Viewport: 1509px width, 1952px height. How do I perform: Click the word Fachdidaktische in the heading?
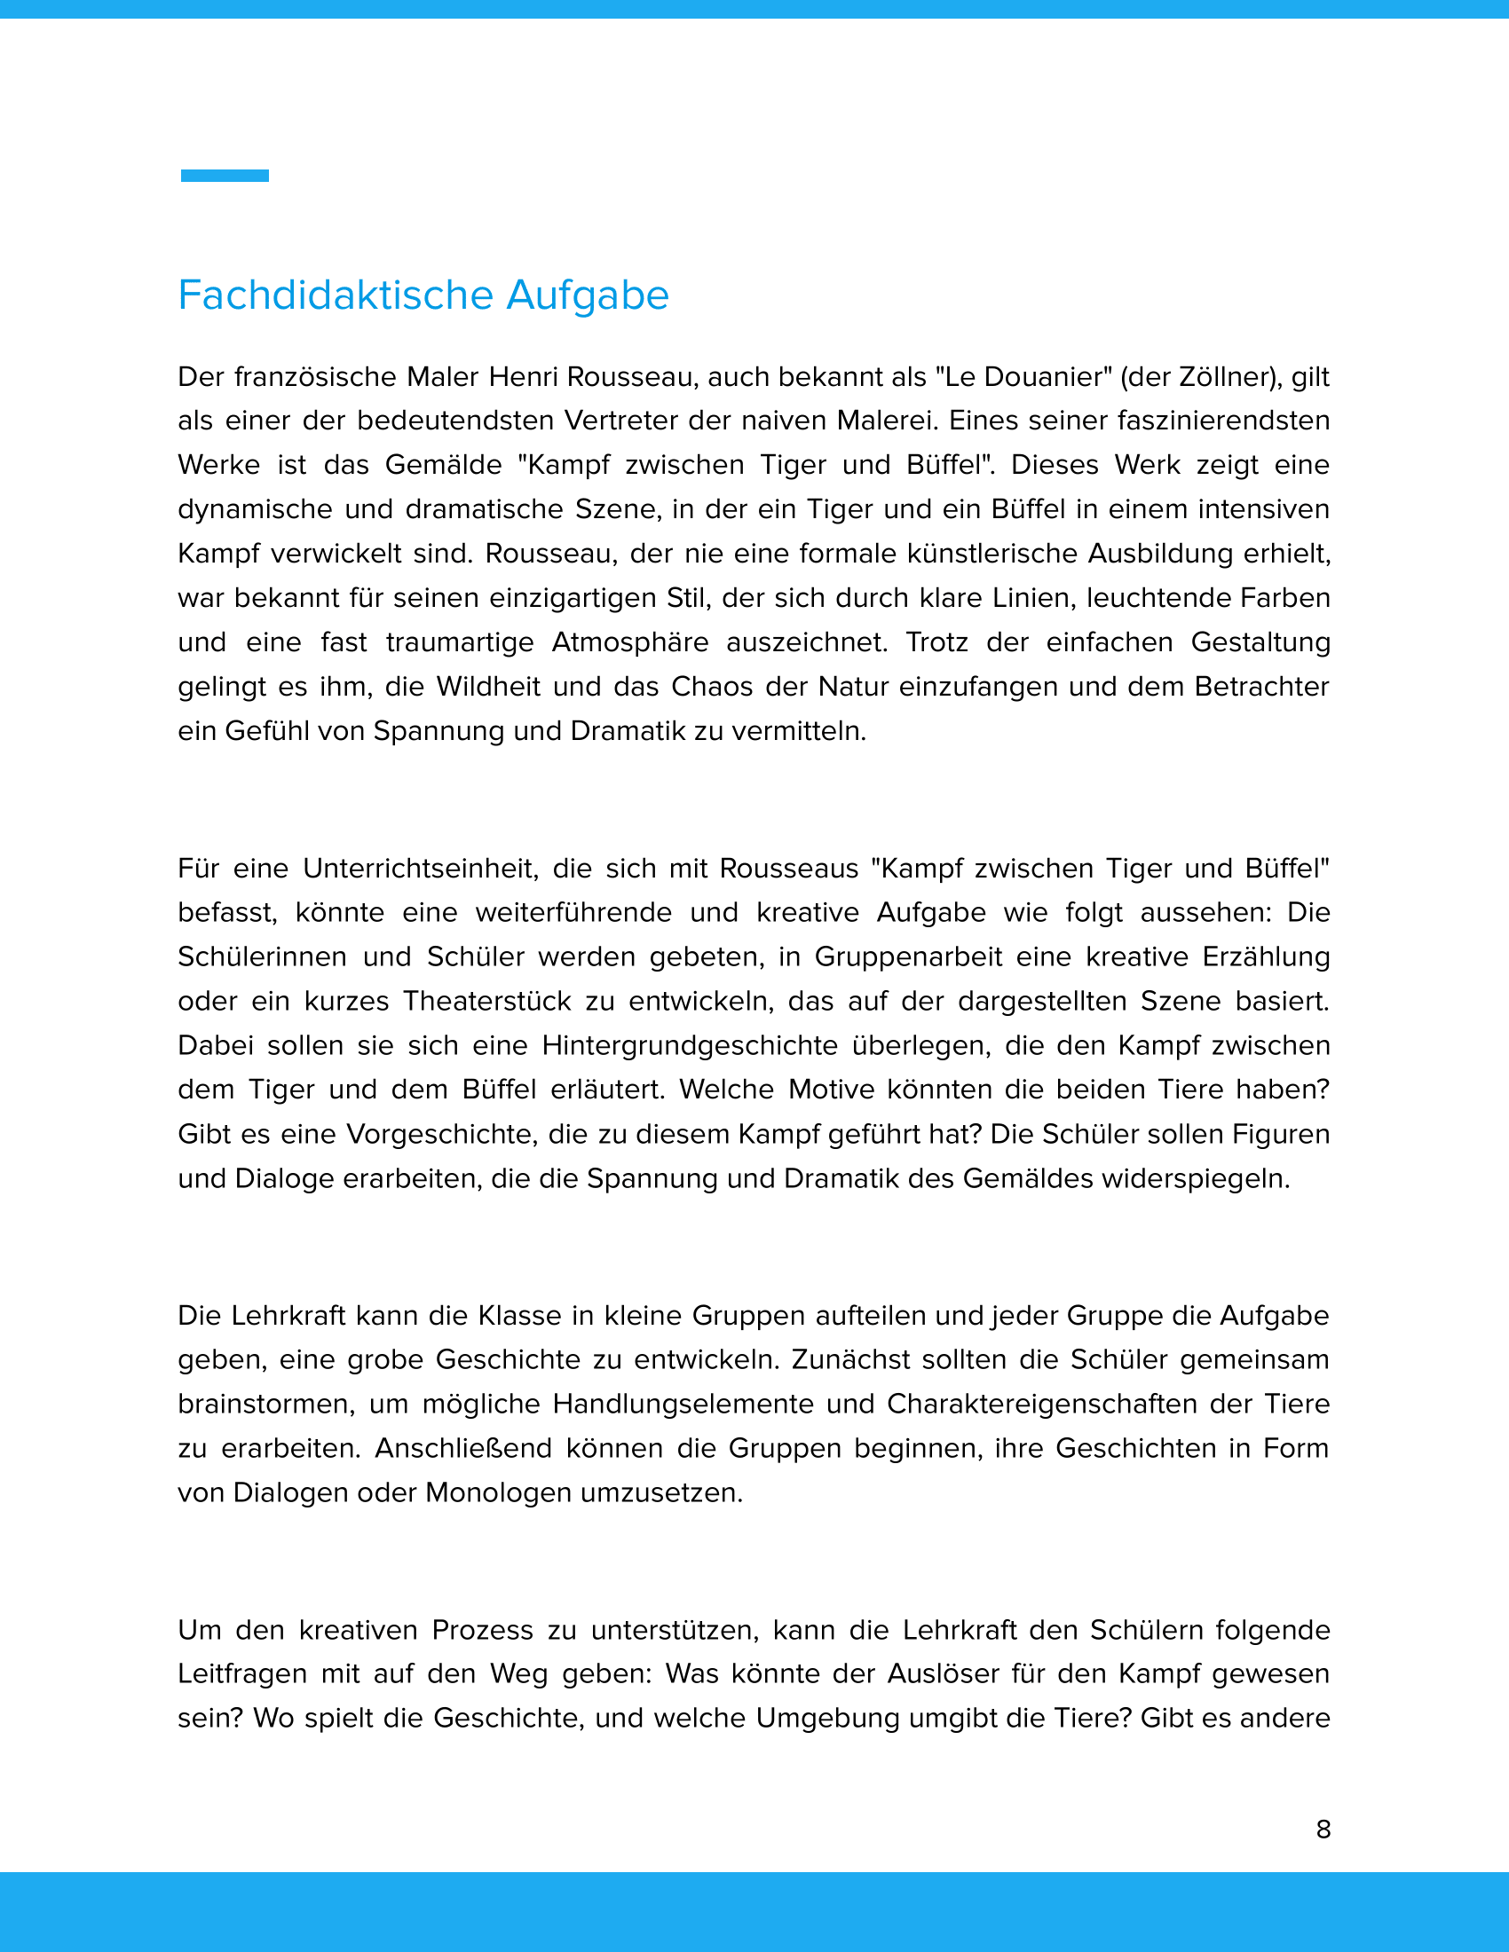point(336,295)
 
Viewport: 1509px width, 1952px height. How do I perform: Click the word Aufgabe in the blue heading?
point(588,295)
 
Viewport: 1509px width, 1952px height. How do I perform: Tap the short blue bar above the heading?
point(225,176)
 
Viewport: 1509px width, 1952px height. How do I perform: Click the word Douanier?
point(1040,377)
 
